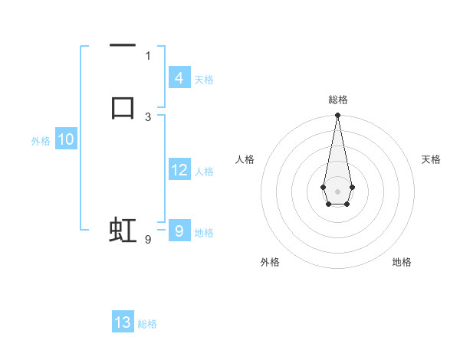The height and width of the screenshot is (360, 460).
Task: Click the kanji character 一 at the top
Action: [x=123, y=47]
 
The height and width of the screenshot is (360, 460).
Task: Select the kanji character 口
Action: [x=123, y=106]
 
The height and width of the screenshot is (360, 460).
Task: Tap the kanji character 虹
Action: [x=123, y=230]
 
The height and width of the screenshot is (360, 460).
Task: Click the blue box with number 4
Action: [x=179, y=78]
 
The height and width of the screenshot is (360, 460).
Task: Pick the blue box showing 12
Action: [x=179, y=170]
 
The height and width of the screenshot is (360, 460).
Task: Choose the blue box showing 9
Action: [x=179, y=230]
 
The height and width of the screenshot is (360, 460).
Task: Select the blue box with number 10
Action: [x=66, y=139]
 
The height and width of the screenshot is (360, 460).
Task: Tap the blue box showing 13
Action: [x=123, y=322]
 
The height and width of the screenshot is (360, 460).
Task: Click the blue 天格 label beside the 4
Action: [x=204, y=80]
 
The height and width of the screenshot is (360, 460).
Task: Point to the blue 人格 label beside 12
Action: [x=205, y=172]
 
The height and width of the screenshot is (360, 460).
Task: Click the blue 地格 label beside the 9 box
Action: [x=204, y=233]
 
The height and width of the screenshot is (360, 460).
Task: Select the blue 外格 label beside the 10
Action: [x=41, y=141]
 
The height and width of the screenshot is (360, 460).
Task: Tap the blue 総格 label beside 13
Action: [x=147, y=324]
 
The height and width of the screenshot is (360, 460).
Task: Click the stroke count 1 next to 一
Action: [x=148, y=55]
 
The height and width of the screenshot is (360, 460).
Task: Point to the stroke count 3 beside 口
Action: [x=148, y=116]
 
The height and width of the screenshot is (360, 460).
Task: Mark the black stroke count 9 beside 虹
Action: [x=147, y=240]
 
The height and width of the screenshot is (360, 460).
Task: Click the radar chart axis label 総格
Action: [x=338, y=100]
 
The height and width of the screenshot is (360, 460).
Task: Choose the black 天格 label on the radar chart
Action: [x=431, y=159]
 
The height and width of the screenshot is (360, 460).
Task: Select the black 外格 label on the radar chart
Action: [x=270, y=262]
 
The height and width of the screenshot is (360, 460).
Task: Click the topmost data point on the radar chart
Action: [x=337, y=116]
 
